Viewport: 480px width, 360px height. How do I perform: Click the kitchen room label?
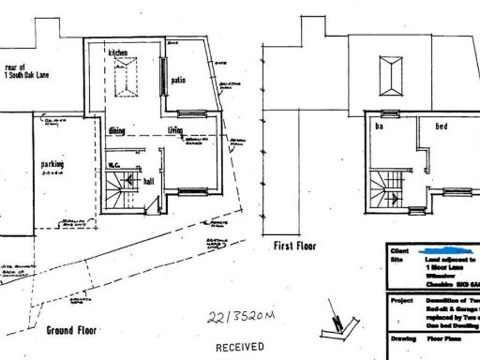pyautogui.click(x=118, y=52)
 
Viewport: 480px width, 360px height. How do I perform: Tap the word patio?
pyautogui.click(x=178, y=82)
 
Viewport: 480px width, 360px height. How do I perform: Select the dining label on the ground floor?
pyautogui.click(x=117, y=131)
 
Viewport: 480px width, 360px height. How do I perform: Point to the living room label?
pyautogui.click(x=175, y=131)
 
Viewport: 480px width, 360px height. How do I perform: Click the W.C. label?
pyautogui.click(x=112, y=166)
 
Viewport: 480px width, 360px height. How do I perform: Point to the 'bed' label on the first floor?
pyautogui.click(x=438, y=125)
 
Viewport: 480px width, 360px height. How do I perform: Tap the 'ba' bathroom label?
pyautogui.click(x=380, y=125)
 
